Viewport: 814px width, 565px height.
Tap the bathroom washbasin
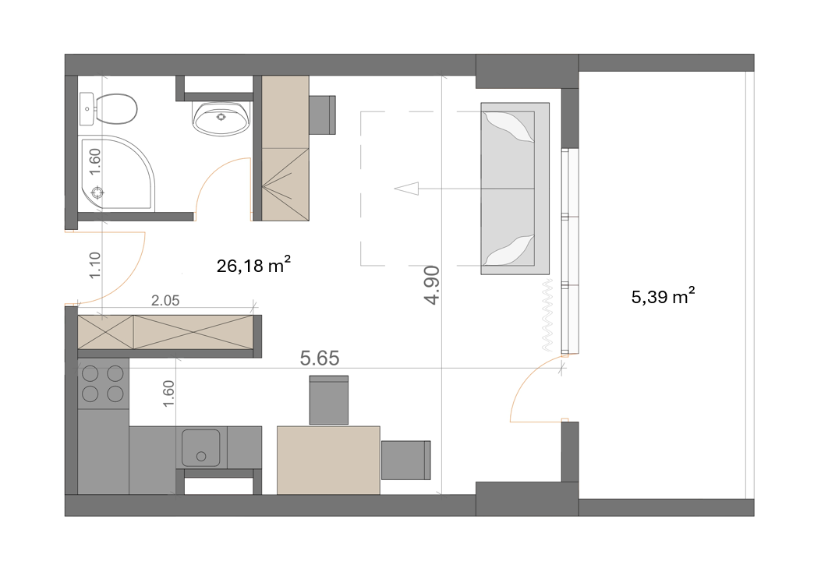pyautogui.click(x=221, y=118)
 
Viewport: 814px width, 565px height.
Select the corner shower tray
pyautogui.click(x=116, y=173)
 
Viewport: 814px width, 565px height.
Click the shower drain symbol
pyautogui.click(x=97, y=192)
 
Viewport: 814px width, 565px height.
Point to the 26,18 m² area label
pyautogui.click(x=253, y=265)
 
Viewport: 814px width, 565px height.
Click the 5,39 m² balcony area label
pyautogui.click(x=663, y=296)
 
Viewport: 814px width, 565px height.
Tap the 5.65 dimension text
pyautogui.click(x=320, y=358)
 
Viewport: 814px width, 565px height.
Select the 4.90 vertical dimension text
pyautogui.click(x=432, y=284)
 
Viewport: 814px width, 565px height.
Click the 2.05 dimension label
pyautogui.click(x=165, y=300)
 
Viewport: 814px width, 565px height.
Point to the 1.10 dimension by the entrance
pyautogui.click(x=94, y=265)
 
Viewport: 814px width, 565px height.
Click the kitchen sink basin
pyautogui.click(x=201, y=448)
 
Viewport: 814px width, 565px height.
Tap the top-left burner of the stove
pyautogui.click(x=90, y=373)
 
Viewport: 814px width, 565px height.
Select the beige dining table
pyautogui.click(x=328, y=461)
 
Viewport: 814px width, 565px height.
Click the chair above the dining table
pyautogui.click(x=328, y=400)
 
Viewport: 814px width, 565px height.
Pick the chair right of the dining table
pyautogui.click(x=406, y=461)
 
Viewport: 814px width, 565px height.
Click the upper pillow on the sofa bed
pyautogui.click(x=508, y=126)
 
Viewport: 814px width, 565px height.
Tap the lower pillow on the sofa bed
pyautogui.click(x=508, y=251)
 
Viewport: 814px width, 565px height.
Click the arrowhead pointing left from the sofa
pyautogui.click(x=406, y=189)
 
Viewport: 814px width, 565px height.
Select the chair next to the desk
pyautogui.click(x=322, y=115)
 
